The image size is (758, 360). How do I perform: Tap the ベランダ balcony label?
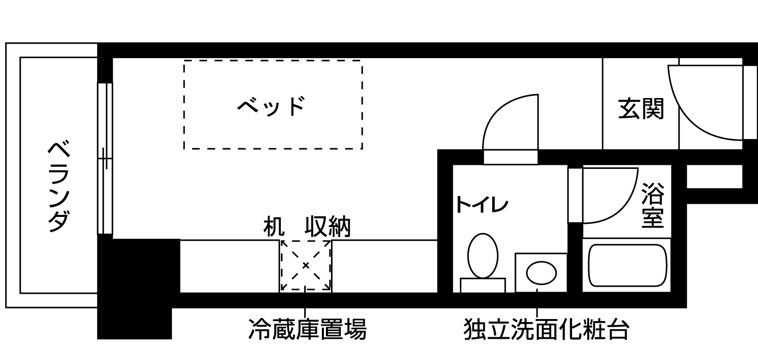click(x=59, y=186)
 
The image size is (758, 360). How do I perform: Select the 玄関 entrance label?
click(x=640, y=108)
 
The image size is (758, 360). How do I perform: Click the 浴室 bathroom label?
click(x=653, y=204)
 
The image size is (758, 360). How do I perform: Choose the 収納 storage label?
click(x=327, y=226)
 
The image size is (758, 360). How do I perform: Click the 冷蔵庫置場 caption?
click(x=306, y=328)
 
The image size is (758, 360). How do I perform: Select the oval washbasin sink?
click(x=541, y=272)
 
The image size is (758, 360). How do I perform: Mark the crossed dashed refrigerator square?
click(x=304, y=266)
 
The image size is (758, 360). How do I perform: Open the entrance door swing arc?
click(x=705, y=100)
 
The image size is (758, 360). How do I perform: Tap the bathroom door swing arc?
click(x=607, y=195)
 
